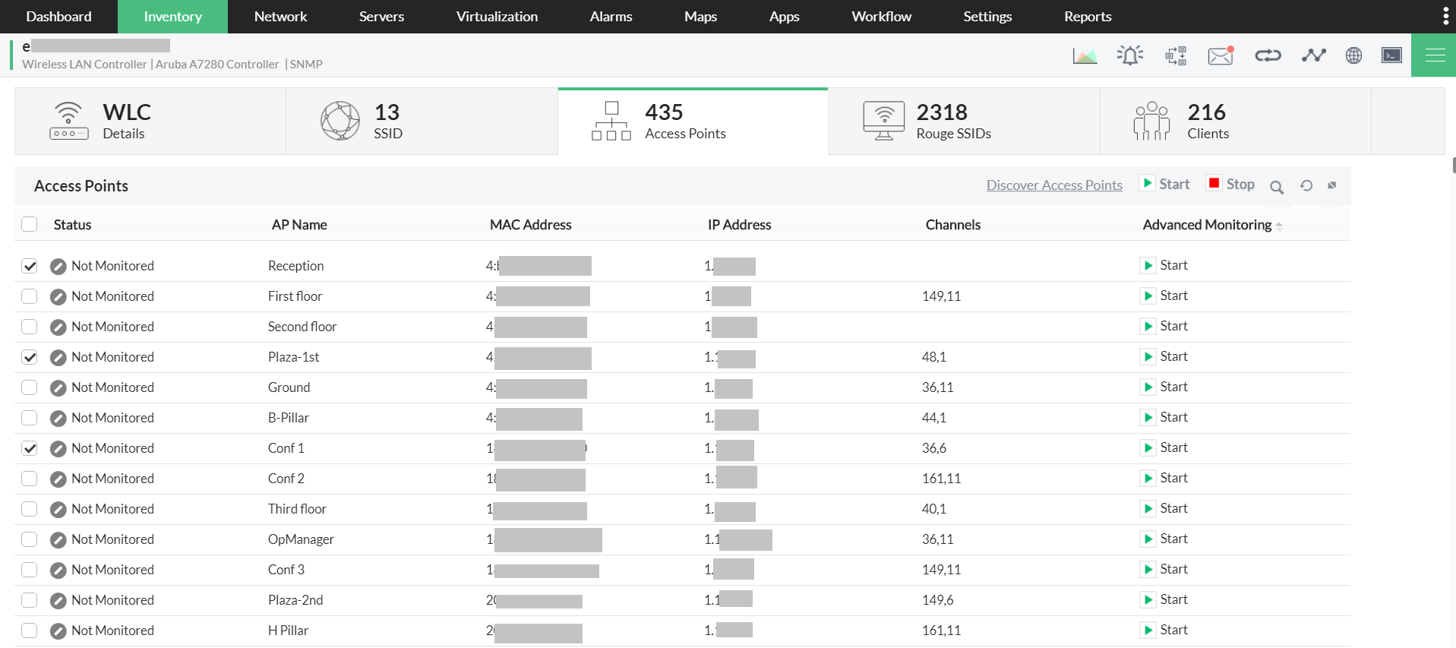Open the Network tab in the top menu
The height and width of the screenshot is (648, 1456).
click(x=280, y=17)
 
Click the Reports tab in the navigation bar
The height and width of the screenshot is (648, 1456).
click(x=1087, y=17)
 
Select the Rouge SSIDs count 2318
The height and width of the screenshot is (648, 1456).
click(x=942, y=112)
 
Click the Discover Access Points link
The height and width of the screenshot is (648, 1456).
click(x=1053, y=185)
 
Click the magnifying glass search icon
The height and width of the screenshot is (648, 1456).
click(x=1277, y=187)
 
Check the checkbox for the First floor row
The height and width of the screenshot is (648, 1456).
click(x=30, y=296)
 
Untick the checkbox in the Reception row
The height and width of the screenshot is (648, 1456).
click(x=30, y=266)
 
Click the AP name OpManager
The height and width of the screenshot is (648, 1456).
click(x=301, y=539)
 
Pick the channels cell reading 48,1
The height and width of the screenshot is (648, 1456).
click(x=933, y=357)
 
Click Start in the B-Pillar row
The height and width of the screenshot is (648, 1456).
click(x=1166, y=417)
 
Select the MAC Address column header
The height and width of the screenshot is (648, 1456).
click(x=530, y=225)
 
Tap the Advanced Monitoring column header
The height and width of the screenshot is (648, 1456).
click(x=1207, y=225)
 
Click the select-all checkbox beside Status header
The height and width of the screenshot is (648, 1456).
click(x=30, y=224)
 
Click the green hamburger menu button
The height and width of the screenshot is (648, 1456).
click(x=1434, y=55)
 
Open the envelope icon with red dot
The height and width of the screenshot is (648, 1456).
click(x=1220, y=55)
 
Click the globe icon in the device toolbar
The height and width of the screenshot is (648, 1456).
click(x=1353, y=55)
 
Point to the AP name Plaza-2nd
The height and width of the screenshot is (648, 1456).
click(x=295, y=600)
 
